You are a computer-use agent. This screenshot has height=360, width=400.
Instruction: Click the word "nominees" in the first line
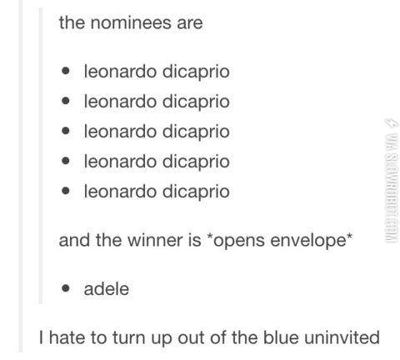tap(132, 22)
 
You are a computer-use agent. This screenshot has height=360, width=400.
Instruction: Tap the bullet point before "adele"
tap(66, 291)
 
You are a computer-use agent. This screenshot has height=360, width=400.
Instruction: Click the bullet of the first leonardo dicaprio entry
tap(66, 72)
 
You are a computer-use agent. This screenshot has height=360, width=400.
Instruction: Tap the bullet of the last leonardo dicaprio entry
tap(66, 192)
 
